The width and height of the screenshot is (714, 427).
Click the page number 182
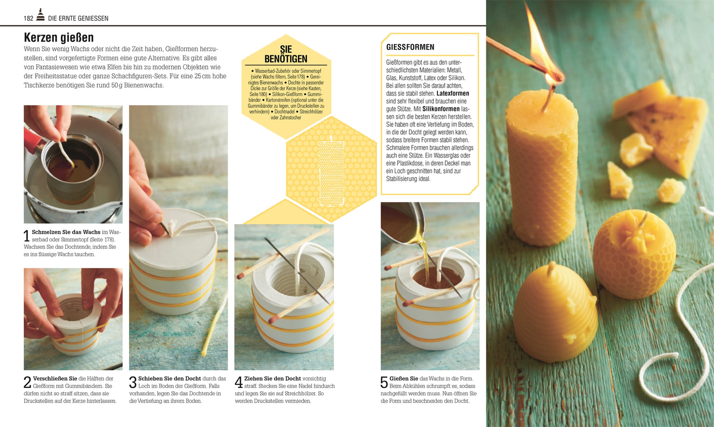click(28, 18)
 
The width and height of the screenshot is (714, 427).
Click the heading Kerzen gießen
click(59, 38)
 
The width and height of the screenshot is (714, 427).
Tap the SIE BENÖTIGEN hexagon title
click(286, 54)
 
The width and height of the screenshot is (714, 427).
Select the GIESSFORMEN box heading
click(410, 47)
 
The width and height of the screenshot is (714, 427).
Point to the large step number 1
click(27, 236)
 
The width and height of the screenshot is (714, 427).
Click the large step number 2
click(27, 382)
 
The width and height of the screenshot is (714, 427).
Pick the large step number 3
click(133, 382)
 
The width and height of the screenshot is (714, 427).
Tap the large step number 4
click(239, 382)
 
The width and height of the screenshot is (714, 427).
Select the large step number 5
click(384, 382)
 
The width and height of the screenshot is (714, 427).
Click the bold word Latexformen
click(453, 94)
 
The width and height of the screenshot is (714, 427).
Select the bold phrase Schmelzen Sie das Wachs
click(66, 232)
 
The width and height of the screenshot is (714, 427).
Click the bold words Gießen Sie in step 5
click(404, 379)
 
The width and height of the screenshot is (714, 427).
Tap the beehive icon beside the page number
click(40, 15)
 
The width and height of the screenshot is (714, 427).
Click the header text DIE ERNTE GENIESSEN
click(78, 18)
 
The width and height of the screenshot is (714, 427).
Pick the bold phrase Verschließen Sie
click(55, 379)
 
